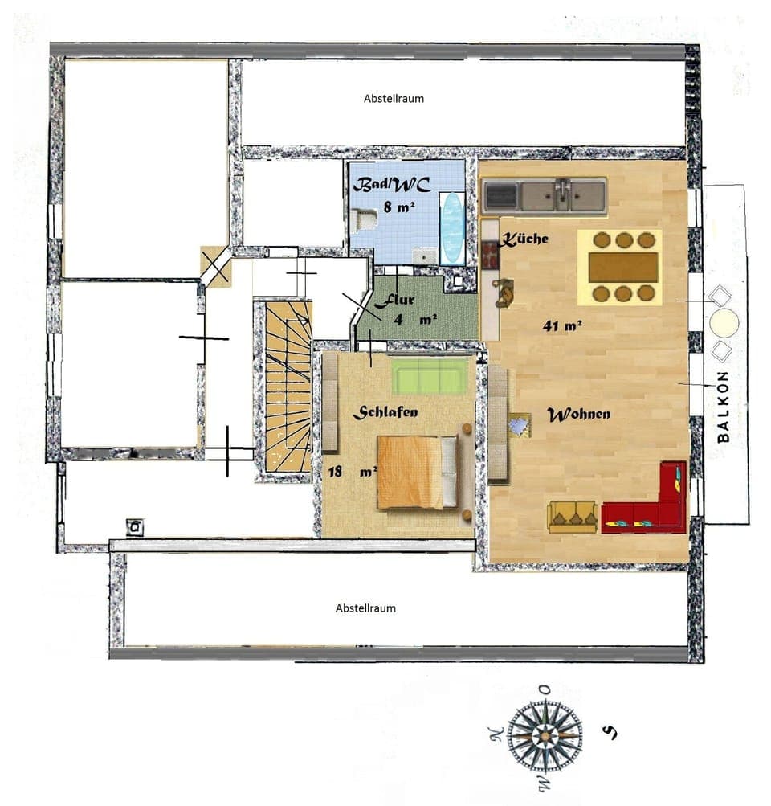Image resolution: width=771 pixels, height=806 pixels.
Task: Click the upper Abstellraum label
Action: point(394,99)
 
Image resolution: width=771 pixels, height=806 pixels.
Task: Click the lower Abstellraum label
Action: point(365,608)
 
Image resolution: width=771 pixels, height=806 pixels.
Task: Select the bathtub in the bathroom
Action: point(452,227)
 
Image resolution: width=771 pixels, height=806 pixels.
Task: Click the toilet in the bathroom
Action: point(365,219)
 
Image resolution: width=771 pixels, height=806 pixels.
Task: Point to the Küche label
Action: point(526,239)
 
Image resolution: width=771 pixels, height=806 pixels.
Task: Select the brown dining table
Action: point(623,268)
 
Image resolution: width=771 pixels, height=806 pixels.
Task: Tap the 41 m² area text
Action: point(562,325)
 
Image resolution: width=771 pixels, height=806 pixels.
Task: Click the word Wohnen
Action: point(578,415)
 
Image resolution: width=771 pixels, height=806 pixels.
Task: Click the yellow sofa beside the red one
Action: point(573,516)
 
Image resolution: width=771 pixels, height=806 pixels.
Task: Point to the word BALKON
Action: point(724,407)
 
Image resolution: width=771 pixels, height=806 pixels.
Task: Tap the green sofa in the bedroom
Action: point(430,375)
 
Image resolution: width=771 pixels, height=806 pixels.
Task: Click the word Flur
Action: point(395,301)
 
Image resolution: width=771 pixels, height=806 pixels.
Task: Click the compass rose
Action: point(545,733)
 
